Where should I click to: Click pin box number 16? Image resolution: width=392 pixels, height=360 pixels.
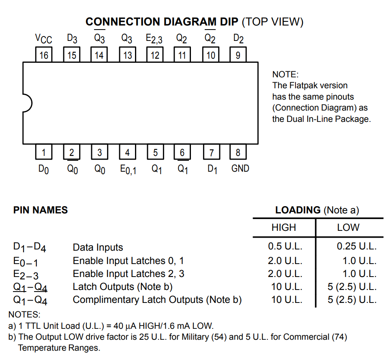point(44,54)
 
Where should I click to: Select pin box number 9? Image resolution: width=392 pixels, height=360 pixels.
point(238,54)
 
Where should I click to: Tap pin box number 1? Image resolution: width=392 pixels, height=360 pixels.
point(44,152)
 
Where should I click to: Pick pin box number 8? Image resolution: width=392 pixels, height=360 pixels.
point(238,152)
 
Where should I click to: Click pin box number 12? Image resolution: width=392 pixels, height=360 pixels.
point(155,54)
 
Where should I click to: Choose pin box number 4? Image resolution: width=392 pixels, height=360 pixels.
point(128,152)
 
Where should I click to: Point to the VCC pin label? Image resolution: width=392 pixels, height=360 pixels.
point(43,39)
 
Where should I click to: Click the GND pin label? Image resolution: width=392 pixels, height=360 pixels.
point(240,168)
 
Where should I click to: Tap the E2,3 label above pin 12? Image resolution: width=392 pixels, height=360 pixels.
point(154,39)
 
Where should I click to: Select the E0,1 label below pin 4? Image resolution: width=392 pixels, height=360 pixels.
point(128,170)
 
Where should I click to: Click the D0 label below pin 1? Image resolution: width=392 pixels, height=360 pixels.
point(43,169)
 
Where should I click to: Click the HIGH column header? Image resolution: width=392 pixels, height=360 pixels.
point(284,228)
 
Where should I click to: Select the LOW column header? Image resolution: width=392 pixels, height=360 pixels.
point(348,228)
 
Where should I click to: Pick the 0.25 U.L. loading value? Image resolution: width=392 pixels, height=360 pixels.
point(356,246)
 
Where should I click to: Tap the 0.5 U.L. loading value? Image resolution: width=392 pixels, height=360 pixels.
point(285,246)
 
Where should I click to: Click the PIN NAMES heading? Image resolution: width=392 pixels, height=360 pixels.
point(41,210)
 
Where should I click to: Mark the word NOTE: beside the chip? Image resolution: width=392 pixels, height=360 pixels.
point(285,75)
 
